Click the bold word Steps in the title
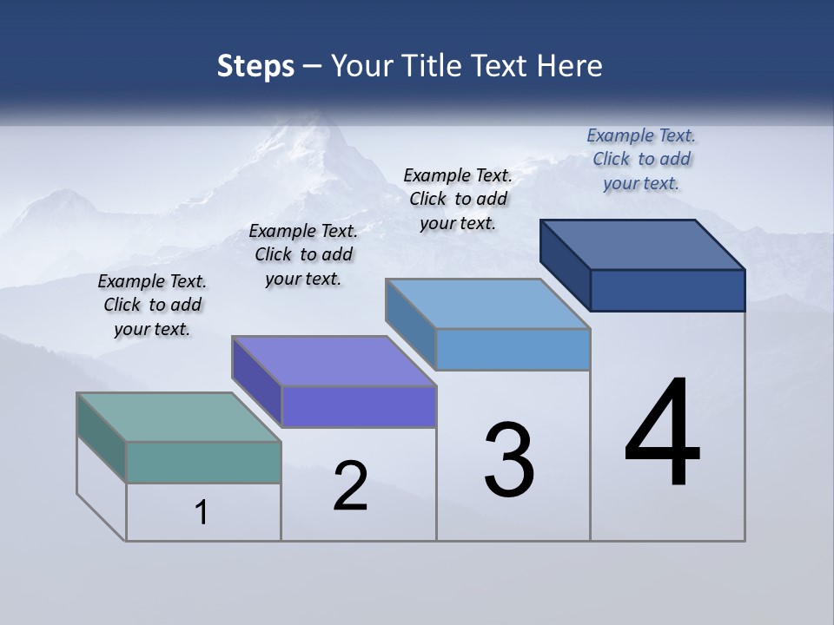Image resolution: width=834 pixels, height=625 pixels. coord(255,67)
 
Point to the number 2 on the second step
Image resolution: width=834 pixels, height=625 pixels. coord(350,486)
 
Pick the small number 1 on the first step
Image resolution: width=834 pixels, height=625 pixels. coord(202,512)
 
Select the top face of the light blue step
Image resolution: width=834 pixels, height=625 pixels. coord(487,304)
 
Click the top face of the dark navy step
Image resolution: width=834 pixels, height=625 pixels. coord(643,244)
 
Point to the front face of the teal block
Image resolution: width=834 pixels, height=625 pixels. coord(203,462)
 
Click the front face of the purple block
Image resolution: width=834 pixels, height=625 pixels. coord(359,406)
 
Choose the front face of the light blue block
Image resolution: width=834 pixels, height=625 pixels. coord(513,349)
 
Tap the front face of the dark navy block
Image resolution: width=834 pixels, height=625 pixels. coord(667,290)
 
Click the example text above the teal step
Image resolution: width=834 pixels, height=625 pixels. coord(152,305)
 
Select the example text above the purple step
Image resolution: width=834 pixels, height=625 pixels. coord(303,254)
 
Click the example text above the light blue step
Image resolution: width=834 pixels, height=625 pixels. coord(458,199)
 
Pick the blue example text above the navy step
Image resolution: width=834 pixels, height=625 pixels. coord(641,159)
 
